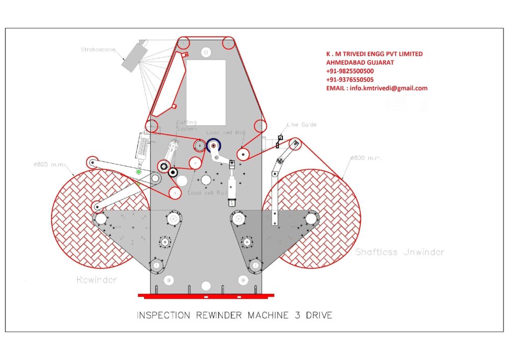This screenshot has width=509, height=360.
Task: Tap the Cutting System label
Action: [187, 126]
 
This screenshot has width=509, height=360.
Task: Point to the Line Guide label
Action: [301, 125]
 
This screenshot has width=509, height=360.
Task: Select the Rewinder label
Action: [97, 280]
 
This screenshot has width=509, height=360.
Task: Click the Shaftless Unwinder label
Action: [400, 252]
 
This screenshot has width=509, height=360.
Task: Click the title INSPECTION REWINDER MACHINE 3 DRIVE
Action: [234, 315]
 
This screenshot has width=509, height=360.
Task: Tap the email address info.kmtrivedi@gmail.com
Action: [376, 88]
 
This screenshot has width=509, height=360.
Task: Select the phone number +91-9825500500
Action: [350, 71]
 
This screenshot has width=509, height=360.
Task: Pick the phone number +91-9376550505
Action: [350, 80]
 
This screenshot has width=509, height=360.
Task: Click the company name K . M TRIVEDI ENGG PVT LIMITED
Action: [374, 54]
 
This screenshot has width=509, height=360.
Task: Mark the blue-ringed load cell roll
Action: [214, 146]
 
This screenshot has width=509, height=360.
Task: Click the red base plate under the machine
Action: [206, 296]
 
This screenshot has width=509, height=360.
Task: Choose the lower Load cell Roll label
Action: [208, 193]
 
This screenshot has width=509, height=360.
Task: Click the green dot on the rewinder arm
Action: [139, 172]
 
